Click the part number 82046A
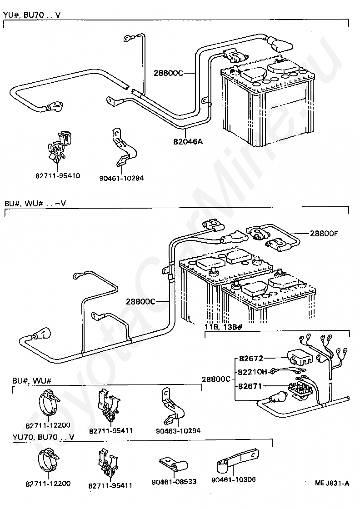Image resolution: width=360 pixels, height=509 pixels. (187, 141)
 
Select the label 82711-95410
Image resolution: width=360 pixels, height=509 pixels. (57, 176)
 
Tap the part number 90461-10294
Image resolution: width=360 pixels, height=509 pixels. (121, 178)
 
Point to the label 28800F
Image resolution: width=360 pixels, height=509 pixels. (324, 234)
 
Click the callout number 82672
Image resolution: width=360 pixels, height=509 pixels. (250, 359)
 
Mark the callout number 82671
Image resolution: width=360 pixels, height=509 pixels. (250, 386)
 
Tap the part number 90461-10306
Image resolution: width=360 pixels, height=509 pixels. (234, 479)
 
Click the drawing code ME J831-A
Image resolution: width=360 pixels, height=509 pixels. (332, 483)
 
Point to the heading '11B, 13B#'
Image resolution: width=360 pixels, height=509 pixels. (223, 326)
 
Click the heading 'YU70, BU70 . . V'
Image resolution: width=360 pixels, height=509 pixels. (44, 437)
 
